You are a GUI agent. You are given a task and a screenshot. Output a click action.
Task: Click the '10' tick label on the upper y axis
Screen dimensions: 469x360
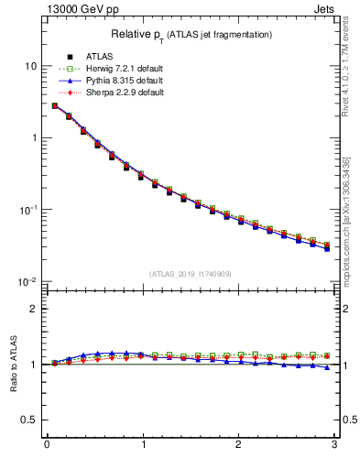tap(30, 66)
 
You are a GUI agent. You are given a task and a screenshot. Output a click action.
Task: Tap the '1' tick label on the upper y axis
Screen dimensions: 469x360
tap(34, 137)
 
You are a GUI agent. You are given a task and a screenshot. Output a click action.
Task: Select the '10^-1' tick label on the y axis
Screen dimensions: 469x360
tap(28, 209)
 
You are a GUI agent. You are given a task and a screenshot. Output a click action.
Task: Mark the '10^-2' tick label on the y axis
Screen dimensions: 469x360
tap(28, 280)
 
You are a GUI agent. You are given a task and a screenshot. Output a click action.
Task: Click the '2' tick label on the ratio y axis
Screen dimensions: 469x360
tap(33, 309)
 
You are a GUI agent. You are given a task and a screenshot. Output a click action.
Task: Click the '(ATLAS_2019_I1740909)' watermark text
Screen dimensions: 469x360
tap(190, 273)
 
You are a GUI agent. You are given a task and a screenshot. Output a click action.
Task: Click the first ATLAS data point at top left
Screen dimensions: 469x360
tap(55, 106)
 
